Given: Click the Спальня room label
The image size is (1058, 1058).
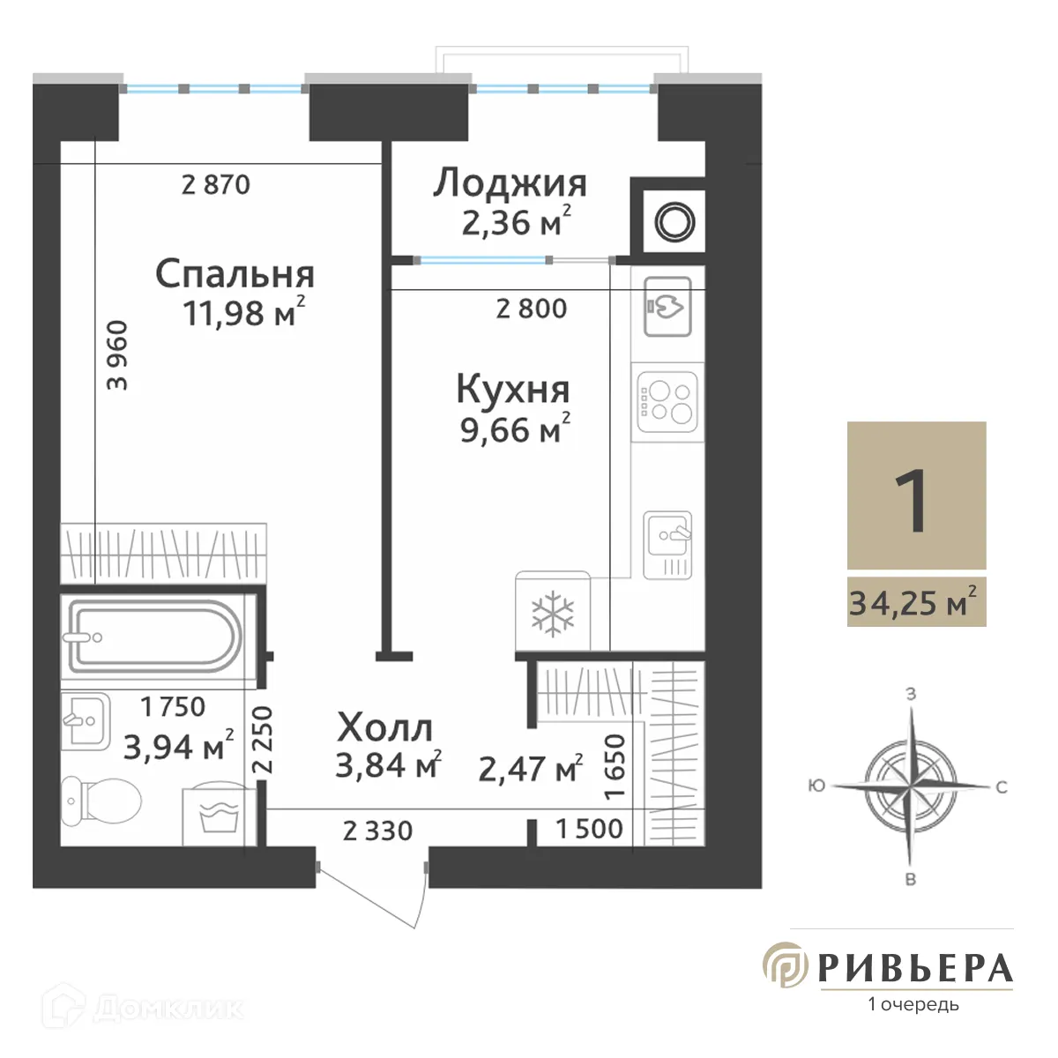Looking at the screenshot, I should pyautogui.click(x=235, y=274).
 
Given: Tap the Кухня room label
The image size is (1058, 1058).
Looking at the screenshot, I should pyautogui.click(x=512, y=389).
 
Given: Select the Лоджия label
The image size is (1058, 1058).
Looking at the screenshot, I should pyautogui.click(x=510, y=183).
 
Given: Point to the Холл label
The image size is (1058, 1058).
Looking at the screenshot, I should pyautogui.click(x=385, y=728).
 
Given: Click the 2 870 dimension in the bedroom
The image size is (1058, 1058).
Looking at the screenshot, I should pyautogui.click(x=216, y=185).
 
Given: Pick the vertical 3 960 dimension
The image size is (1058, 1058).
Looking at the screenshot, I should pyautogui.click(x=117, y=355).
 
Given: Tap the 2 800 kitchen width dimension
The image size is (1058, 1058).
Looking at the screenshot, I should pyautogui.click(x=532, y=309).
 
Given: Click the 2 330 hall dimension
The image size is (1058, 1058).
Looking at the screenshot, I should pyautogui.click(x=377, y=831).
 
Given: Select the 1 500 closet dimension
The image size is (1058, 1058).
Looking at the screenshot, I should pyautogui.click(x=589, y=829).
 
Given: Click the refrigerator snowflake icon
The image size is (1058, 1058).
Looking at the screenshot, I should pyautogui.click(x=553, y=614).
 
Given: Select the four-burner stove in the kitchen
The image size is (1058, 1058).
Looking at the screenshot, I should pyautogui.click(x=667, y=401).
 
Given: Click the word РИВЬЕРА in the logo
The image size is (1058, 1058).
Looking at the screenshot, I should pyautogui.click(x=915, y=968).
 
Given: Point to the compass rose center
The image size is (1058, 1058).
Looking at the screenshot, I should pyautogui.click(x=911, y=783).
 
